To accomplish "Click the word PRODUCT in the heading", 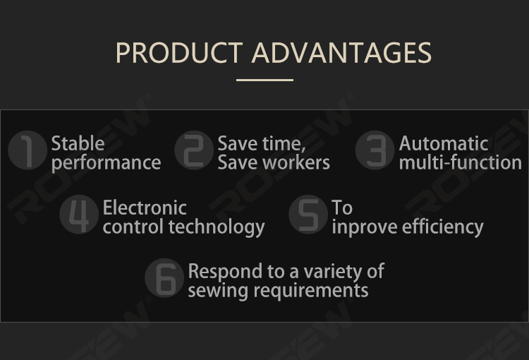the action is [179, 53].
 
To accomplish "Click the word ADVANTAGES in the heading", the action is [341, 53].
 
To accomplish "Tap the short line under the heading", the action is [264, 80].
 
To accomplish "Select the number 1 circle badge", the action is [28, 150].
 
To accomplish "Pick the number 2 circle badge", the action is [194, 150].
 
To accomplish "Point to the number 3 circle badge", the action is [375, 150].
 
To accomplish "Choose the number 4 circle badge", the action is [79, 214].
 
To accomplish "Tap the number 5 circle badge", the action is [308, 214].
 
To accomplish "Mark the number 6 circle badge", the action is [164, 278].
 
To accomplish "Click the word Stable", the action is [78, 143].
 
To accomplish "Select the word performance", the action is [107, 163].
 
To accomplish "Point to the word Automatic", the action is [444, 143].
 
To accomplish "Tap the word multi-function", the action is [461, 162].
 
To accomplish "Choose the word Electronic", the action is [145, 208].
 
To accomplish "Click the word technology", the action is [217, 227].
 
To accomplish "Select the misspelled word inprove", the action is [365, 227].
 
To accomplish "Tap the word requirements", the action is [311, 291].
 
